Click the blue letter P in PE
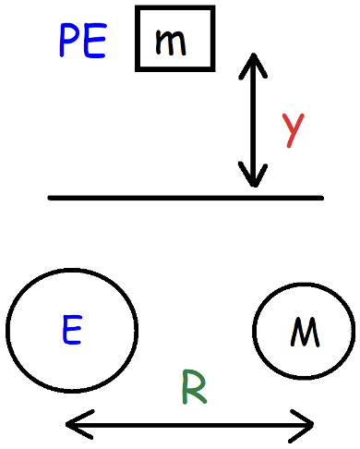click(70, 41)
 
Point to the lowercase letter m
click(176, 42)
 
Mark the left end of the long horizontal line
click(51, 198)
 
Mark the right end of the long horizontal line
click(321, 198)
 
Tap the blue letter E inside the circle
click(72, 330)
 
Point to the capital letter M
click(304, 332)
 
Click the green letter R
click(193, 387)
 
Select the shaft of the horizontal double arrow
click(190, 425)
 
